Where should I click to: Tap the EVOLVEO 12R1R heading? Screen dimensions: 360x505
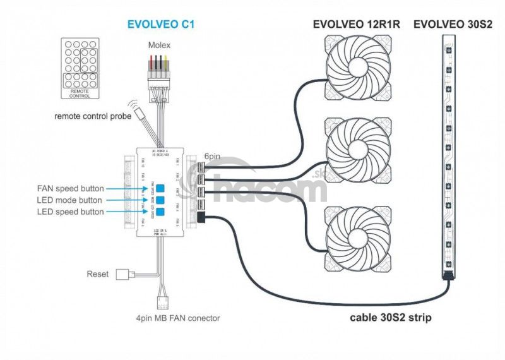pyautogui.click(x=355, y=25)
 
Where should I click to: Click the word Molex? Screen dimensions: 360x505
pyautogui.click(x=159, y=45)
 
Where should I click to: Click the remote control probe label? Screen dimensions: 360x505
pyautogui.click(x=93, y=116)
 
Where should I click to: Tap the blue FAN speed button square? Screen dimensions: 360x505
pyautogui.click(x=160, y=188)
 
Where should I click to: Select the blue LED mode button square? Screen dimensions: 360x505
pyautogui.click(x=160, y=200)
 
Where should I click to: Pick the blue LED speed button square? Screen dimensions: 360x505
pyautogui.click(x=160, y=212)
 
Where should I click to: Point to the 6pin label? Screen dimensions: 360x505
pyautogui.click(x=211, y=157)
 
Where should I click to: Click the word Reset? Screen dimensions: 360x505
pyautogui.click(x=97, y=274)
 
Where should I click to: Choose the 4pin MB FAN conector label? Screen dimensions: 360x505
pyautogui.click(x=178, y=318)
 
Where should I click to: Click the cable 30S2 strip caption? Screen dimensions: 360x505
pyautogui.click(x=391, y=318)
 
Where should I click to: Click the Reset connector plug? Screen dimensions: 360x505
pyautogui.click(x=122, y=274)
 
